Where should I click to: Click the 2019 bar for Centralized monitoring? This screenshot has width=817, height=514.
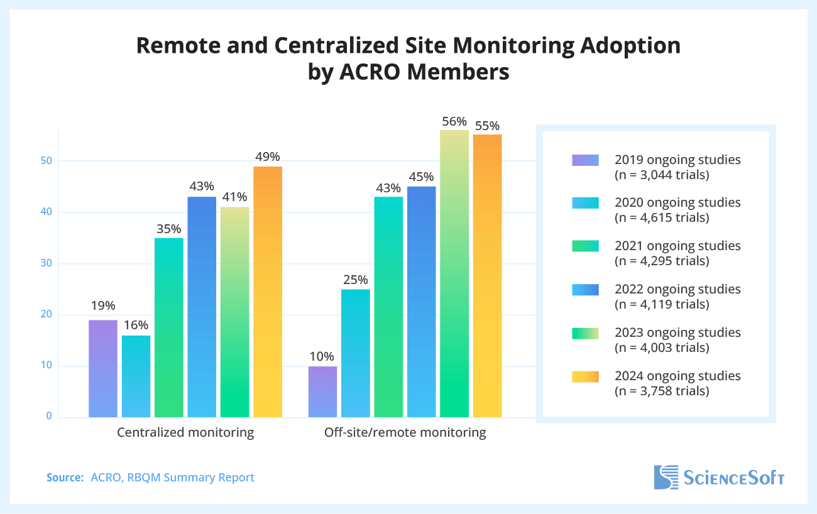[x=103, y=368]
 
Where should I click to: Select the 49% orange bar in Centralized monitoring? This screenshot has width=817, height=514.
[x=268, y=292]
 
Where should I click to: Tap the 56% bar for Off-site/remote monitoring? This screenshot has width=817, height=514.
[x=454, y=273]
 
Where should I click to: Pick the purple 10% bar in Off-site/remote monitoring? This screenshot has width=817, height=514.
[x=323, y=391]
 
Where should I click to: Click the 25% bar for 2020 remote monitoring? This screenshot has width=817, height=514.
[x=356, y=353]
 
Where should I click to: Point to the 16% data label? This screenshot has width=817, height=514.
[x=136, y=325]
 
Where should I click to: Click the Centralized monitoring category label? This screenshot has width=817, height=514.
[x=185, y=432]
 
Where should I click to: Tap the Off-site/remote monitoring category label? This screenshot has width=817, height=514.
[x=405, y=432]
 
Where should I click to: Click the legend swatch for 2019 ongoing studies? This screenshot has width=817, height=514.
[x=585, y=160]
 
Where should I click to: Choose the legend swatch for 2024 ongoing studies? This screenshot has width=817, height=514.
[x=585, y=376]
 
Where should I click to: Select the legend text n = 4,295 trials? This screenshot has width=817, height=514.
[x=661, y=261]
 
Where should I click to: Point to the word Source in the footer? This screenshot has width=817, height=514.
[x=65, y=478]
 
